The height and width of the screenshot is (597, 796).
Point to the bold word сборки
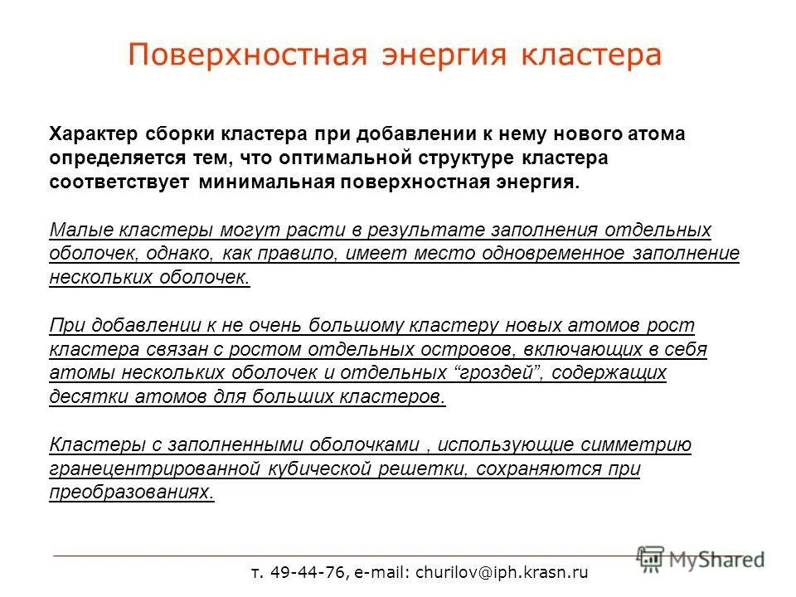coord(172,134)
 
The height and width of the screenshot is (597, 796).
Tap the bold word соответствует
coord(119,182)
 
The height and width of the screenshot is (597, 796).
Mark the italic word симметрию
coord(638,444)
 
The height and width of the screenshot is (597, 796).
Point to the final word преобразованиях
coord(132,492)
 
